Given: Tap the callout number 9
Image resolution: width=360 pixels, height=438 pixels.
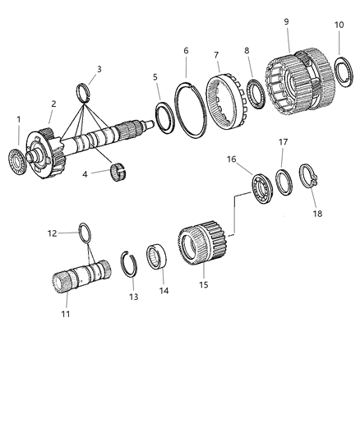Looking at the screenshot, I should [x=287, y=21].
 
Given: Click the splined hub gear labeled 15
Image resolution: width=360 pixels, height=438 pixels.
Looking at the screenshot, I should [x=201, y=242].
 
